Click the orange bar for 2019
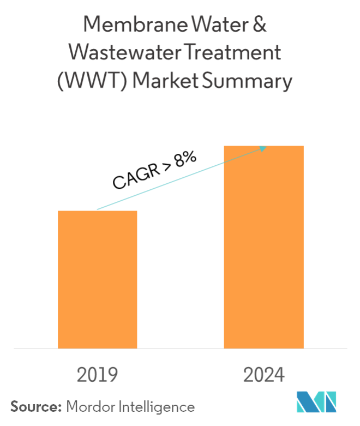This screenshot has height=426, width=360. [x=98, y=279]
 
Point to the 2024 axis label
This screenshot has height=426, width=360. [x=264, y=375]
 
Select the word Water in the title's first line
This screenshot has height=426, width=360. [x=221, y=26]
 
